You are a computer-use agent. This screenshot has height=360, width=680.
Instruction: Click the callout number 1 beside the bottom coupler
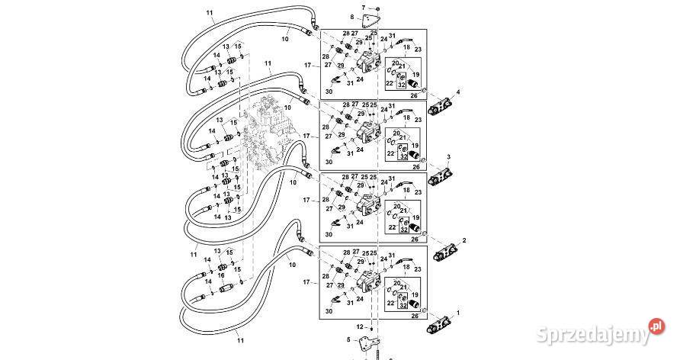point(459,313)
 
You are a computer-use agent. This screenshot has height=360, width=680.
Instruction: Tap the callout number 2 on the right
point(464,240)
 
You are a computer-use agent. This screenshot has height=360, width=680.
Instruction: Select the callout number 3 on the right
point(449,156)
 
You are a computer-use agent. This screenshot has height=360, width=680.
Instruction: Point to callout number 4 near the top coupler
point(458,92)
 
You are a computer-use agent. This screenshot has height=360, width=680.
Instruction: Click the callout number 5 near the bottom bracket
point(348,341)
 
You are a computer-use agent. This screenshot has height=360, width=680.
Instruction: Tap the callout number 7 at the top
point(364,8)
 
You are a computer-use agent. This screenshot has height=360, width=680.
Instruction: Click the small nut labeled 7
point(378,8)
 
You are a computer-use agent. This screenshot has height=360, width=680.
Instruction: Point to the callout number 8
point(351,17)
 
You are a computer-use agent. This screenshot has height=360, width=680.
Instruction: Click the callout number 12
point(360,326)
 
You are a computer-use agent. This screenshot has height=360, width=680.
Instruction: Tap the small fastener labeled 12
point(372,327)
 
